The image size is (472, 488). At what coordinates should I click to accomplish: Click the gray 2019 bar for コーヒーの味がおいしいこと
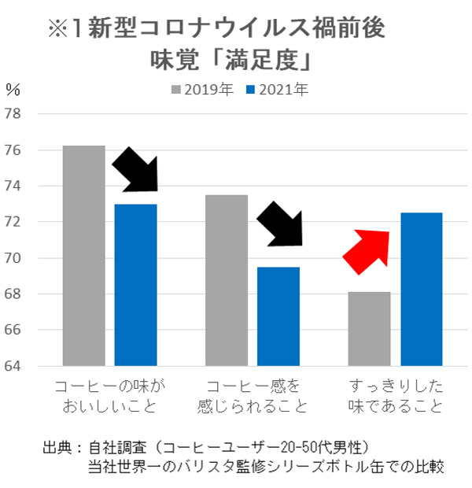pos(83,256)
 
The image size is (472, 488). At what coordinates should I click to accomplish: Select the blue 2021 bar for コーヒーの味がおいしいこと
pos(135,285)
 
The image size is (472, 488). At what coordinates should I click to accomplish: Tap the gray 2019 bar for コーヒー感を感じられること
pos(227,280)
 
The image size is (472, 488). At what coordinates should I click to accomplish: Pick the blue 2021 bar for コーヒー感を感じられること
pos(278,316)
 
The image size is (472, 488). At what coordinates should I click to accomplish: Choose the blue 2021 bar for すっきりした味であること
pos(422,290)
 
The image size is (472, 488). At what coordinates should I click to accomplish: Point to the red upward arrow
pos(366,251)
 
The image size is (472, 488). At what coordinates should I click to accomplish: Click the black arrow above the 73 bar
pos(136,172)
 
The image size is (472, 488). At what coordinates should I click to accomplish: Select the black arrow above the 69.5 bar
pos(279,223)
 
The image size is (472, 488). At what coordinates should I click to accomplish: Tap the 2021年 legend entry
pos(277,89)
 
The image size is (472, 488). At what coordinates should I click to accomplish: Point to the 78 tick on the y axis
pos(23,114)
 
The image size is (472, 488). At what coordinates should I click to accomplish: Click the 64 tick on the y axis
pos(23,366)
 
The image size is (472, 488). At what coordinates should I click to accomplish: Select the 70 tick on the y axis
pos(23,258)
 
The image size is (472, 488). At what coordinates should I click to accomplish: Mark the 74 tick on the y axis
pos(23,187)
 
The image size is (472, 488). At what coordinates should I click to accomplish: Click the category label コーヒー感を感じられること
pos(253,397)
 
